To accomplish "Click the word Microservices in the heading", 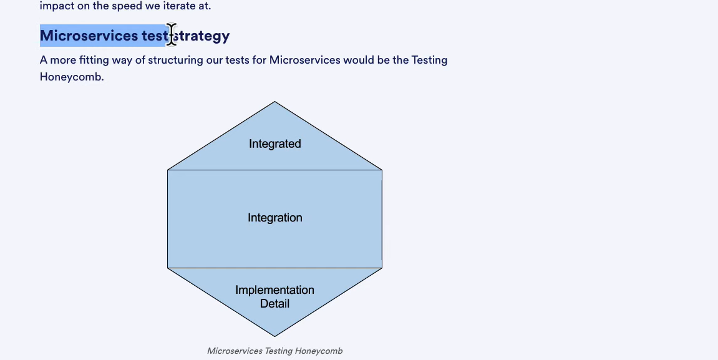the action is (89, 36).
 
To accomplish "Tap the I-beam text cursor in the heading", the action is (172, 34).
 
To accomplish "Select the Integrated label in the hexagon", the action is (274, 144).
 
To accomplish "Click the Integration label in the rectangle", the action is (274, 218).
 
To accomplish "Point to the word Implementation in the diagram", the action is (274, 290).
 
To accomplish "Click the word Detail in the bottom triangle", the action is (274, 303).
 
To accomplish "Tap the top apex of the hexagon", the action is (274, 101).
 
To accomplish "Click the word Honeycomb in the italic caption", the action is (319, 351).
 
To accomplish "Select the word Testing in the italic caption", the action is (278, 351).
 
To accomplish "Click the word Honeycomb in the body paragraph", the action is (72, 77).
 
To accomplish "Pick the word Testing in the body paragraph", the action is (429, 60).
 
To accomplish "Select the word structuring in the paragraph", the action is (175, 60).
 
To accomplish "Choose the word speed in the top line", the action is (127, 6).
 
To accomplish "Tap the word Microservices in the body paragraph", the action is (304, 60).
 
